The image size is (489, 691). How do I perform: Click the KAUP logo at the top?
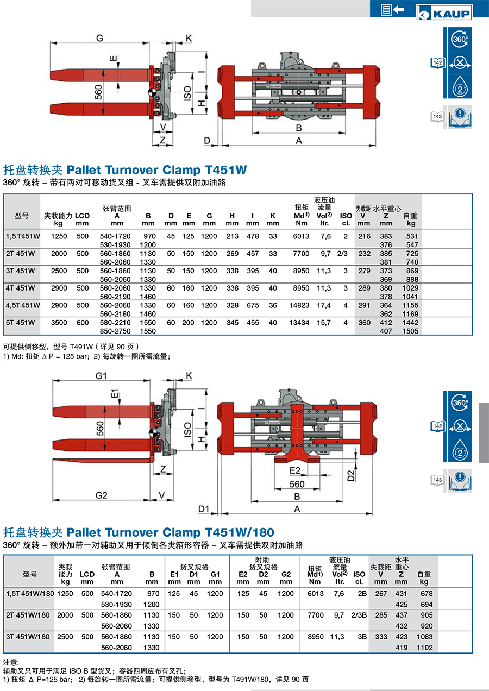(x=444, y=12)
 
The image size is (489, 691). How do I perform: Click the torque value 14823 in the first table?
(x=299, y=305)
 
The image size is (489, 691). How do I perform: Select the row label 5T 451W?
(x=20, y=323)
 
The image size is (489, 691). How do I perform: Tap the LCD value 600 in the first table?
(x=83, y=323)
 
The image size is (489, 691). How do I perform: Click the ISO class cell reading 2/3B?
(x=359, y=615)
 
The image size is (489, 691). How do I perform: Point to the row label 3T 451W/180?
(x=28, y=637)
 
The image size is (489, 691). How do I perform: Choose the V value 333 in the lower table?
(x=381, y=637)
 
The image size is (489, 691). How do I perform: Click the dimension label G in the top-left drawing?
(x=99, y=38)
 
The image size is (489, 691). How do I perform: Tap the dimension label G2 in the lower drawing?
(x=101, y=495)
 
